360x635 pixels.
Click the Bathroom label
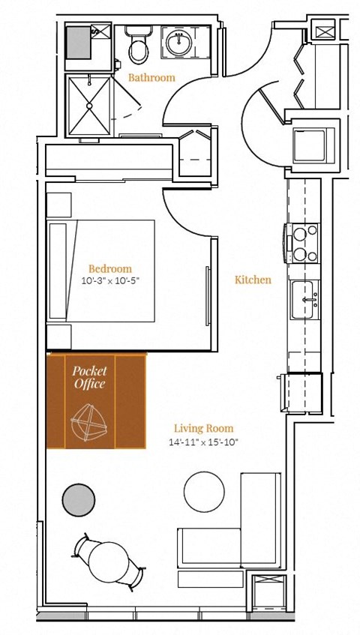tap(151, 77)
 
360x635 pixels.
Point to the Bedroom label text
tap(109, 268)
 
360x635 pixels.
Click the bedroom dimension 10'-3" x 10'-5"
tap(109, 281)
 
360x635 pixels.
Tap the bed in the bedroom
tap(101, 270)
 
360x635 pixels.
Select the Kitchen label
tap(253, 280)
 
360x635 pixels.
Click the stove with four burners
tap(303, 244)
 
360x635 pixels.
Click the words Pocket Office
tap(89, 377)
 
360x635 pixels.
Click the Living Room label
tap(203, 429)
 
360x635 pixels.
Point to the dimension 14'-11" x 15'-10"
tap(203, 442)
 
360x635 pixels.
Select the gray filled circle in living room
tap(78, 499)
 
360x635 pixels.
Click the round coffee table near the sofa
tap(204, 490)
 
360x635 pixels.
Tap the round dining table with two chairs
tap(109, 562)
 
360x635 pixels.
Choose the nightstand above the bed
tap(59, 205)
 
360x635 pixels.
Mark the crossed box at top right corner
tap(326, 32)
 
